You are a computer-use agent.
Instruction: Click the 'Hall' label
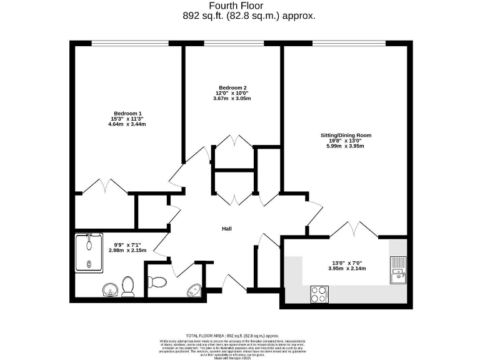click(x=227, y=229)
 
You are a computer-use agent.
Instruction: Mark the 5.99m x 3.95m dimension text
click(x=341, y=146)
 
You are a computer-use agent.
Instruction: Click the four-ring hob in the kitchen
click(x=320, y=293)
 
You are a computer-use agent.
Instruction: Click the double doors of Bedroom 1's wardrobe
click(x=105, y=186)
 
